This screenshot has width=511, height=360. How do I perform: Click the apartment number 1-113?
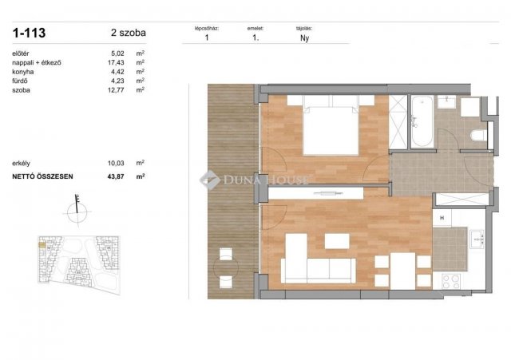click(29, 33)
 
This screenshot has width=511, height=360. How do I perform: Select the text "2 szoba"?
click(129, 33)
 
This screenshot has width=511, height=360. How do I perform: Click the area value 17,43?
click(116, 62)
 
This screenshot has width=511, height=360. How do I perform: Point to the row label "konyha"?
click(23, 72)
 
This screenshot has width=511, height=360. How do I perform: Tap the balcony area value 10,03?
click(116, 163)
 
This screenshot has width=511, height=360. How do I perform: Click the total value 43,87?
click(116, 176)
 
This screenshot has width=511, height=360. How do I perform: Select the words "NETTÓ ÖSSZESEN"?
click(42, 176)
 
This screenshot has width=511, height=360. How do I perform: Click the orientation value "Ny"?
click(304, 38)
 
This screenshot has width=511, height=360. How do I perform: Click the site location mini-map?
click(79, 265)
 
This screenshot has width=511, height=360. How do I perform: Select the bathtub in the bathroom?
click(422, 121)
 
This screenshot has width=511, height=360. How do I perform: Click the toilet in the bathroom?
click(479, 135)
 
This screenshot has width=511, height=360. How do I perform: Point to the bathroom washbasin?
click(447, 102)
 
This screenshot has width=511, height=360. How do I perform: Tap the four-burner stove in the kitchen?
click(451, 282)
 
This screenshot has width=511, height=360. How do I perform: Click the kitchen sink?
click(477, 239)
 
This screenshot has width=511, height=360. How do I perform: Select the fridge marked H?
click(442, 218)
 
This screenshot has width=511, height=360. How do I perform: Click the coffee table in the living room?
click(337, 241)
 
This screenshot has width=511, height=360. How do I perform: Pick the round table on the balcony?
click(226, 267)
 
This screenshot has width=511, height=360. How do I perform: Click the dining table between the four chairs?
click(403, 271)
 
